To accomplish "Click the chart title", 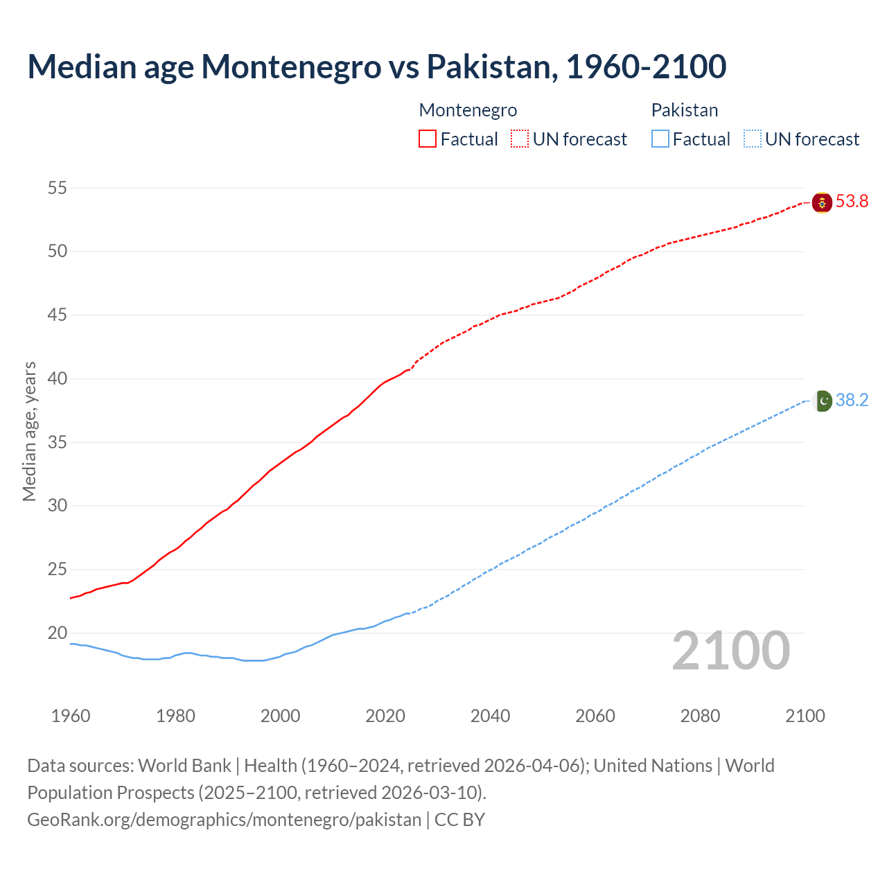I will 376,67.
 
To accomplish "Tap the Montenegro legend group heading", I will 468,110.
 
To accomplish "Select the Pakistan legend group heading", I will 684,110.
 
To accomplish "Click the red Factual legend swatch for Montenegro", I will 428,139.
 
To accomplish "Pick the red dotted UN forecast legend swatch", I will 520,139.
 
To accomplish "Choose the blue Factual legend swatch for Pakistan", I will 660,139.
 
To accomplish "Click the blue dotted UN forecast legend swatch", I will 753,139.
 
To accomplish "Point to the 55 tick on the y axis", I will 58,188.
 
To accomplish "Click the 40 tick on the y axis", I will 58,378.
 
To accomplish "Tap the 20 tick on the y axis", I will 58,633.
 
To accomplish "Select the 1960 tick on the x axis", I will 71,716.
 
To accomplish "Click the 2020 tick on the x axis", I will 385,716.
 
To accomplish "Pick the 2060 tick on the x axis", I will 595,716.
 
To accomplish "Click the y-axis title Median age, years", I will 29,431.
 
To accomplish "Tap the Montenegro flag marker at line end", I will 822,202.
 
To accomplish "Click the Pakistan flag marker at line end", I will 822,401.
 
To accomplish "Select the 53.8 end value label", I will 852,202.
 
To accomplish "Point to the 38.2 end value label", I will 852,401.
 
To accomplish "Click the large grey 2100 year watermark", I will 730,650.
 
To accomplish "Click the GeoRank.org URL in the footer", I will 224,820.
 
